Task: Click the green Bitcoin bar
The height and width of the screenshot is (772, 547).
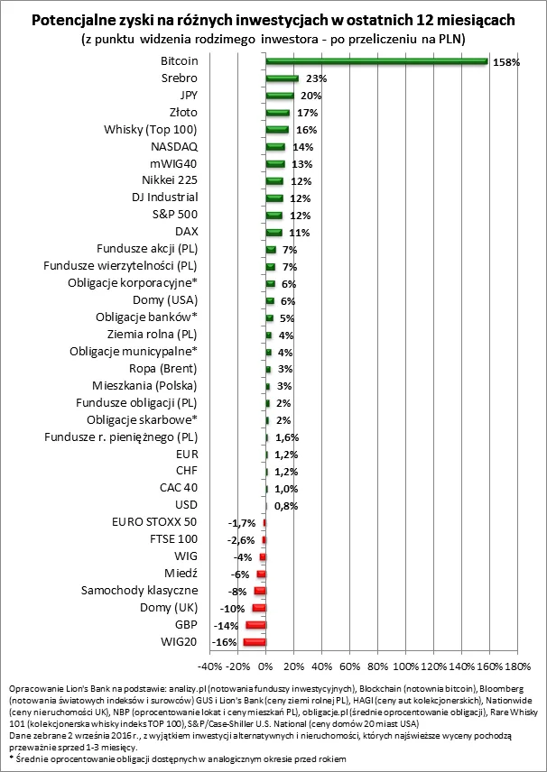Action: click(x=376, y=61)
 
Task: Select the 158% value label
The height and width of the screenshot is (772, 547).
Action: click(x=505, y=62)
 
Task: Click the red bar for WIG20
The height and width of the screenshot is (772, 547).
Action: click(x=254, y=641)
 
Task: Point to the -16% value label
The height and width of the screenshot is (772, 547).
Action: click(x=224, y=641)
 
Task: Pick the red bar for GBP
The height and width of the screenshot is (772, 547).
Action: click(x=255, y=624)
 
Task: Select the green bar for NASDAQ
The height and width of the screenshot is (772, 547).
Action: click(x=275, y=146)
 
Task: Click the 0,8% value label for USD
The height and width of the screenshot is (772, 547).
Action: click(x=285, y=506)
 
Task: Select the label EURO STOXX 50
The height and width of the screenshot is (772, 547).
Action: click(x=153, y=522)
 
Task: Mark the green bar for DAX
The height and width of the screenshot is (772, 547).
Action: click(x=273, y=232)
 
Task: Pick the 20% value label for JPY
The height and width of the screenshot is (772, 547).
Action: click(x=310, y=96)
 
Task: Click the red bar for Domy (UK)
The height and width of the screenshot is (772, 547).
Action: click(x=258, y=607)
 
